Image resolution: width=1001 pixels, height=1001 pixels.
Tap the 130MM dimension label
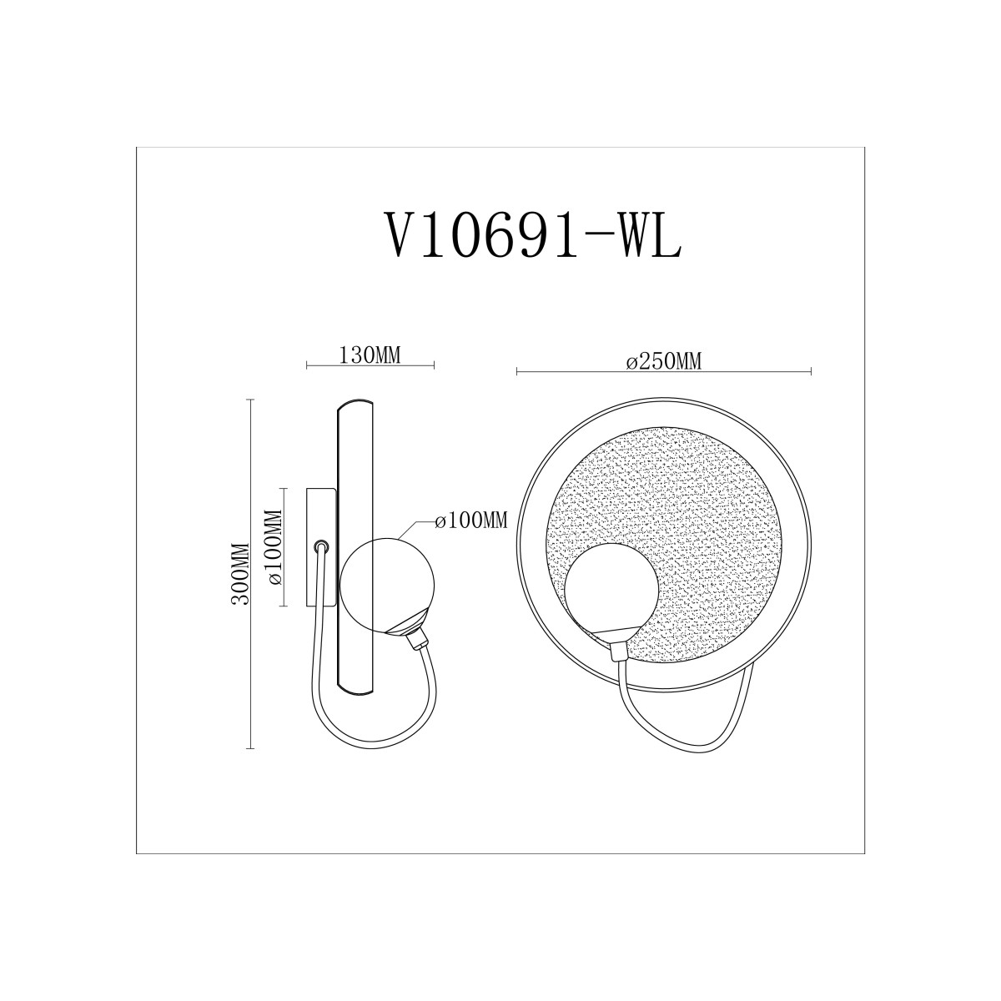click(x=370, y=355)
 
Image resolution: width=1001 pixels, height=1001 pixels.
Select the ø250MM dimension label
click(x=664, y=361)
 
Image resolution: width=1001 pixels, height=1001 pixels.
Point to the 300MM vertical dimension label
click(x=240, y=573)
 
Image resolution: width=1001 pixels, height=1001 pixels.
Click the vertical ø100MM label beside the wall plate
click(x=274, y=547)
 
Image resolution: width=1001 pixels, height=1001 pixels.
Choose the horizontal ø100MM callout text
click(x=471, y=521)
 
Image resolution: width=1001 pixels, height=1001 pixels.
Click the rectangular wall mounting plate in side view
click(x=321, y=547)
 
